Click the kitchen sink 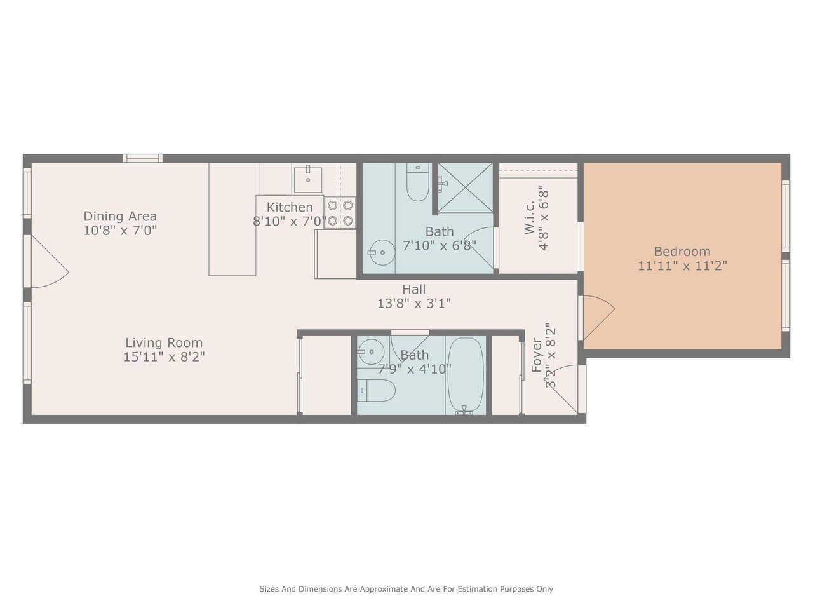click(x=308, y=180)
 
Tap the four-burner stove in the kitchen click(x=340, y=213)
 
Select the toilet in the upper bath click(x=418, y=182)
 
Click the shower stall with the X click(x=465, y=188)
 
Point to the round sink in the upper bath click(x=382, y=253)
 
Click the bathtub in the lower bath click(x=466, y=376)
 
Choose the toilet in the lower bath click(x=377, y=390)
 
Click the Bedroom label click(x=682, y=252)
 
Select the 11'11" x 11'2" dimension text click(x=682, y=266)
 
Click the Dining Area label click(x=120, y=216)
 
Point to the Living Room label click(x=164, y=343)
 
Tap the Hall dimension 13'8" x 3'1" click(x=414, y=304)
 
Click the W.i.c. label click(x=529, y=217)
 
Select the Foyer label click(x=536, y=355)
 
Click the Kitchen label click(x=290, y=207)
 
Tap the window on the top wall click(x=143, y=158)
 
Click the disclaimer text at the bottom click(x=406, y=589)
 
